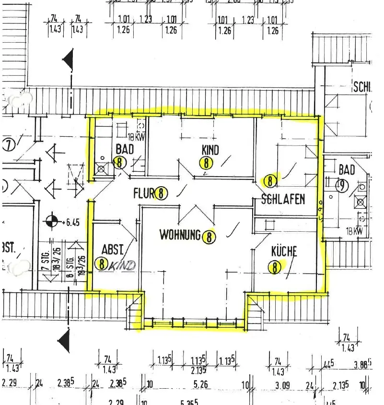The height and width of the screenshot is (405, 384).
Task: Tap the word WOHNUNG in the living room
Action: pyautogui.click(x=180, y=235)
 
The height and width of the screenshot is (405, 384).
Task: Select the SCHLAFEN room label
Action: pyautogui.click(x=283, y=199)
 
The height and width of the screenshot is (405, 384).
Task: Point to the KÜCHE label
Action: pyautogui.click(x=284, y=251)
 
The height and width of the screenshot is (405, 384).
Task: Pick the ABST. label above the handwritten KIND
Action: pyautogui.click(x=113, y=250)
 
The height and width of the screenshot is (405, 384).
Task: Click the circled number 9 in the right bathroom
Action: pyautogui.click(x=342, y=186)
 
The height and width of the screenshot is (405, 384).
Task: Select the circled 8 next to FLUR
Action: pyautogui.click(x=162, y=193)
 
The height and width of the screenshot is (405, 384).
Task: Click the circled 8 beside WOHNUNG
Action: pyautogui.click(x=209, y=236)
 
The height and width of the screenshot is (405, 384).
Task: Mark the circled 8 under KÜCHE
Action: pyautogui.click(x=275, y=267)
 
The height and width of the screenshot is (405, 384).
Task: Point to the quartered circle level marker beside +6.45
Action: pyautogui.click(x=52, y=222)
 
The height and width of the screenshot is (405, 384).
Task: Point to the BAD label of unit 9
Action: pyautogui.click(x=347, y=169)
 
